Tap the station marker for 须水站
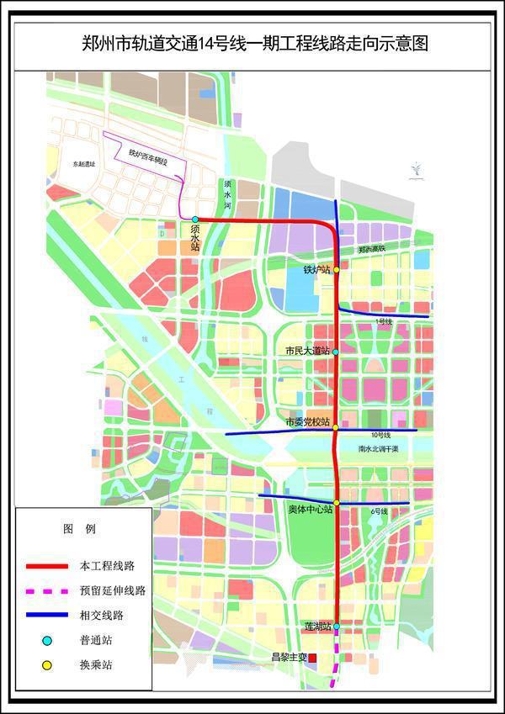[195, 219]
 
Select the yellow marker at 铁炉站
[336, 270]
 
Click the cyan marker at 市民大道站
[336, 352]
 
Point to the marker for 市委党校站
[336, 427]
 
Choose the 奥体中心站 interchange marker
[337, 503]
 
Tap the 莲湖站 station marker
[337, 626]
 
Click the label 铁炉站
[316, 270]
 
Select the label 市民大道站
[307, 351]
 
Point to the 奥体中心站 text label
[307, 510]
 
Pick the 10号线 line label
[381, 436]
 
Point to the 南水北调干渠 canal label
[376, 450]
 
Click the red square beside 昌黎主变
[312, 657]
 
